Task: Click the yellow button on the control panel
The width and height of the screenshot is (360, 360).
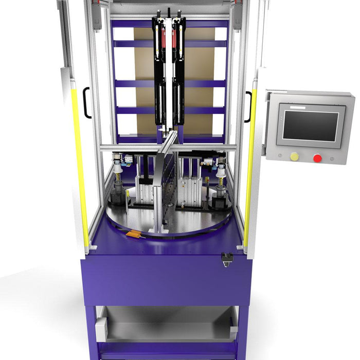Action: pyautogui.click(x=294, y=156)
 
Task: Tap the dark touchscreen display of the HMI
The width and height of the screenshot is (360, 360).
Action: pyautogui.click(x=311, y=126)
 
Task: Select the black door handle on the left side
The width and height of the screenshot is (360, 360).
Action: pyautogui.click(x=86, y=103)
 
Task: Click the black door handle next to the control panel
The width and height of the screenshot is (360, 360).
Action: pyautogui.click(x=249, y=106)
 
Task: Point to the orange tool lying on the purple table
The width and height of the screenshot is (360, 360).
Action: pyautogui.click(x=135, y=235)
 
